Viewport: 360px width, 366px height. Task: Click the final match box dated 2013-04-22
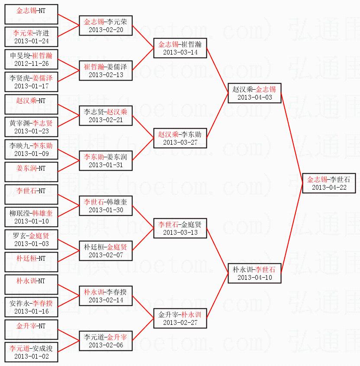[x=328, y=183]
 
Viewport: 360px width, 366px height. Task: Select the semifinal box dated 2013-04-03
[x=254, y=93]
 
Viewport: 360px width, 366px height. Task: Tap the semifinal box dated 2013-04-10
[x=254, y=273]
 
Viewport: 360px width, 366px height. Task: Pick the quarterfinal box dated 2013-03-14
[x=180, y=48]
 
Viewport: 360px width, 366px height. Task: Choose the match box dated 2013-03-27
[x=180, y=138]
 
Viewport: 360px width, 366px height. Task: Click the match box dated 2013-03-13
[x=180, y=228]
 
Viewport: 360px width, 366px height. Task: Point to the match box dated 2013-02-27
[x=180, y=318]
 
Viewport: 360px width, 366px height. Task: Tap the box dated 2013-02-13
[x=106, y=71]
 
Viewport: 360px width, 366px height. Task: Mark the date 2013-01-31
[x=106, y=165]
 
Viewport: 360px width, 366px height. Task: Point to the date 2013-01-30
[x=106, y=210]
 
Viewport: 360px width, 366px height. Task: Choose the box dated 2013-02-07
[x=106, y=251]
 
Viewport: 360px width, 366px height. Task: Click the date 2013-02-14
[x=106, y=300]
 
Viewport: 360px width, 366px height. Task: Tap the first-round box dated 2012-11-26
[x=31, y=59]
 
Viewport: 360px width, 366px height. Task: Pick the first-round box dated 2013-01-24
[x=31, y=37]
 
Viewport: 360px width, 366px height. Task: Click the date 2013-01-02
[x=31, y=356]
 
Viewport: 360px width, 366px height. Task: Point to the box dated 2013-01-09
[x=31, y=149]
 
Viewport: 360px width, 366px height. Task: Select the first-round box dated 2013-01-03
[x=31, y=240]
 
